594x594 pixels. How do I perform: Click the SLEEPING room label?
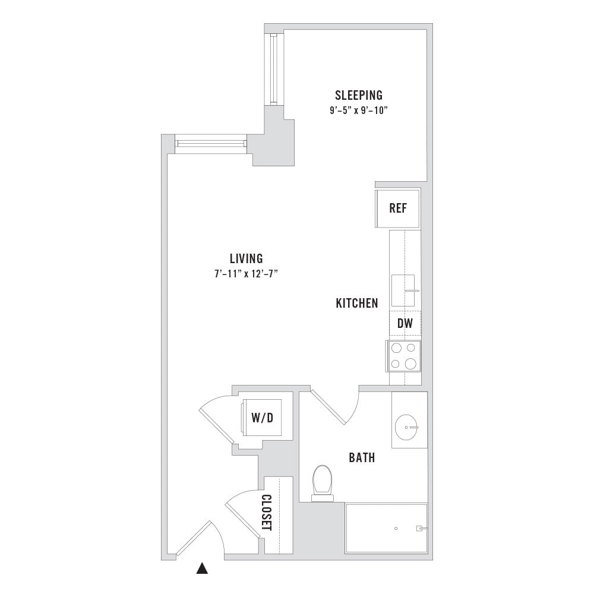coord(358,95)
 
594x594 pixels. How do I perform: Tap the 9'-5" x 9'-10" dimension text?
coord(359,110)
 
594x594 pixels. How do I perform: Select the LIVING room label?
coord(247,258)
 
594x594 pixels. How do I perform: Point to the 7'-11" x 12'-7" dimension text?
coord(247,273)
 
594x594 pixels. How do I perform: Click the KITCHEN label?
coord(357,303)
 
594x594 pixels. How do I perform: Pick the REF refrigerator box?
coord(398,208)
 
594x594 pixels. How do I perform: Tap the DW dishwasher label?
coord(405,324)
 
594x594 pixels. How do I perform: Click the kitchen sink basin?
coord(403,290)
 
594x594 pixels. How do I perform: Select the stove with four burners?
coord(404,356)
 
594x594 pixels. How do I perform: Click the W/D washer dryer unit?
coord(262,418)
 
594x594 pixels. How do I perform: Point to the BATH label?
coord(362,457)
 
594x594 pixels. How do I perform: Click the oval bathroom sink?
coord(406,427)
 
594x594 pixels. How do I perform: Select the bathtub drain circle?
coord(396,529)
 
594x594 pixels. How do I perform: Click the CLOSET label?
coord(267,513)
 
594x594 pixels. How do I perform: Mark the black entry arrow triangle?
coord(203,568)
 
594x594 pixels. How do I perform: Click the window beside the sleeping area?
coord(274,69)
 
